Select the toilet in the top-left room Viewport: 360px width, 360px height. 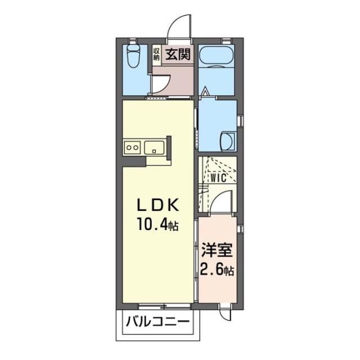(x=134, y=57)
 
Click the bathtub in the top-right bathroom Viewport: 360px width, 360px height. (x=217, y=56)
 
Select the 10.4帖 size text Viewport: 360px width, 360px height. (x=156, y=226)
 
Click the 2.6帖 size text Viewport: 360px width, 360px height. (x=217, y=270)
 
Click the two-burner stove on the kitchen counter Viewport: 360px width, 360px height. (x=133, y=147)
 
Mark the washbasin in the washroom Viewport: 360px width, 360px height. (x=228, y=139)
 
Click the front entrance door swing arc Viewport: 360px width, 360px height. (x=179, y=25)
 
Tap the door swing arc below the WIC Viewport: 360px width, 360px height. (x=223, y=201)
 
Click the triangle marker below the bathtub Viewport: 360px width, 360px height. (x=205, y=90)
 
